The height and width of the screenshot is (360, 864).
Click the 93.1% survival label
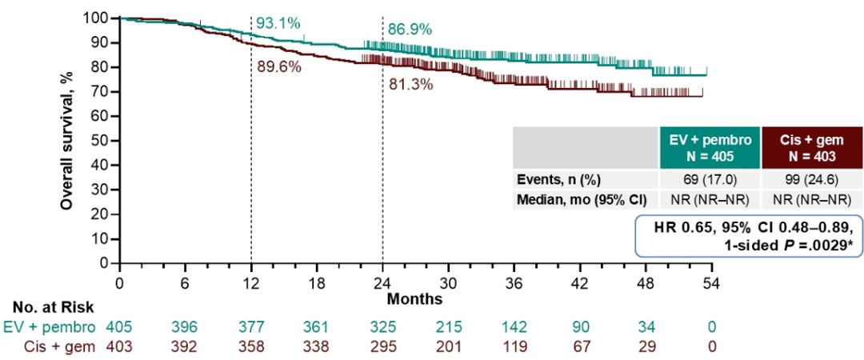278,24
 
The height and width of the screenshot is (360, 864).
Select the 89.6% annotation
279,67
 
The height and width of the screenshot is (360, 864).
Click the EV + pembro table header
710,147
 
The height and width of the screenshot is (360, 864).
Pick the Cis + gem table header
812,147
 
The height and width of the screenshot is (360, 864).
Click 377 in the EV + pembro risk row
251,327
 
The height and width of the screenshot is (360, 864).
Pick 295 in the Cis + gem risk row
383,346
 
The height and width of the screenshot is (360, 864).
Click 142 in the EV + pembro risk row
514,327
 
